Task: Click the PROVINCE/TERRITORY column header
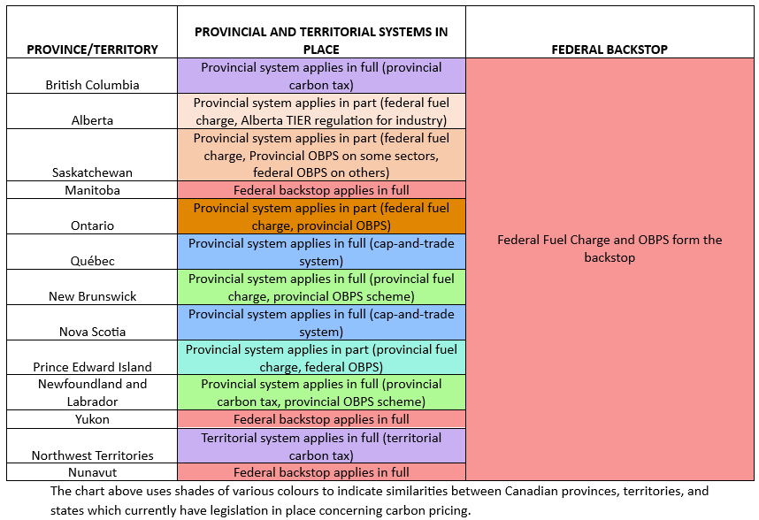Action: pyautogui.click(x=92, y=50)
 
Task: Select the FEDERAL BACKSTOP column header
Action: pyautogui.click(x=609, y=50)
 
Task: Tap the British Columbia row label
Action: pyautogui.click(x=92, y=85)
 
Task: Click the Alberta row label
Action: pyautogui.click(x=92, y=120)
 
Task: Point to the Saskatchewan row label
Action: pyautogui.click(x=92, y=172)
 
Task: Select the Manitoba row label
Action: pyautogui.click(x=92, y=190)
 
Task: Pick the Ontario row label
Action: pyautogui.click(x=92, y=226)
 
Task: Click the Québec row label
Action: pyautogui.click(x=92, y=261)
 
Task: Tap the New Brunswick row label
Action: pyautogui.click(x=92, y=296)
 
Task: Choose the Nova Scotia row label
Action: pyautogui.click(x=92, y=332)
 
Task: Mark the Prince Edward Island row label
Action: pyautogui.click(x=92, y=367)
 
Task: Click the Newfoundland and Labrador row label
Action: pyautogui.click(x=92, y=393)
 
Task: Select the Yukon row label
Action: pyautogui.click(x=92, y=419)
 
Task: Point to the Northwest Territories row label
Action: pyautogui.click(x=92, y=455)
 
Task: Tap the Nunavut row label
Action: pyautogui.click(x=92, y=472)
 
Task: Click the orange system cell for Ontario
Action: pyautogui.click(x=321, y=217)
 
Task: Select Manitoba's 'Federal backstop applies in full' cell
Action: pyautogui.click(x=321, y=190)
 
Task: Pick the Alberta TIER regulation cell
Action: pyautogui.click(x=321, y=111)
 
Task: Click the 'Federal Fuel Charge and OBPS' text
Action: pyautogui.click(x=609, y=240)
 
